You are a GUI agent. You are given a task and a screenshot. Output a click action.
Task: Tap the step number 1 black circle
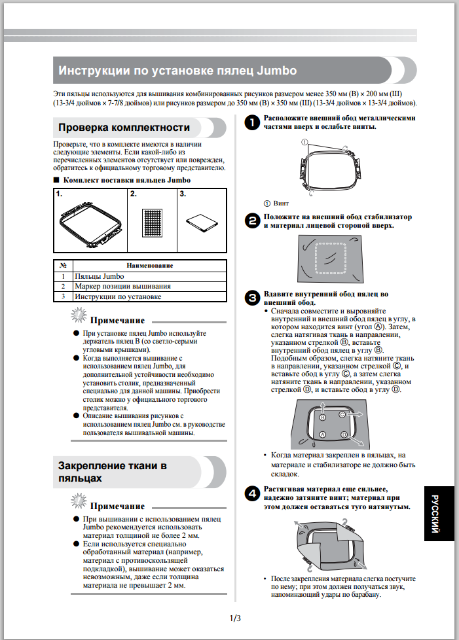point(251,122)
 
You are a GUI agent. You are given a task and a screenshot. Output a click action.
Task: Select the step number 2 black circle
point(251,220)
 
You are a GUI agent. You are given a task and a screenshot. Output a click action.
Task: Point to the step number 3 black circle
point(251,298)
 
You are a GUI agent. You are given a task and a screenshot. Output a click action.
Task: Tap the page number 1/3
point(235,618)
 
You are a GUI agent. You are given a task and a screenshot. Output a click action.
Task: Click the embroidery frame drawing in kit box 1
point(90,222)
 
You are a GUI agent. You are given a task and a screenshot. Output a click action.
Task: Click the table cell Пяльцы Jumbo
point(99,276)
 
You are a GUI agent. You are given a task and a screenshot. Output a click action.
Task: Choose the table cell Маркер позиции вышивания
point(122,286)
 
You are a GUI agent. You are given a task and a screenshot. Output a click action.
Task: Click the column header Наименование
point(150,266)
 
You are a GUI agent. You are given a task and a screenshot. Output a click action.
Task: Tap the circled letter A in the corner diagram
point(322,435)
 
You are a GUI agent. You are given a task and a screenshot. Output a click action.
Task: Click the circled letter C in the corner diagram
point(342,415)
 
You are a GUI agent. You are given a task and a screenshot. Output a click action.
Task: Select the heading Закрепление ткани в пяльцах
point(113,472)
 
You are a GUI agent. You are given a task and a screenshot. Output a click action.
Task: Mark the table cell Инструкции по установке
point(117,296)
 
